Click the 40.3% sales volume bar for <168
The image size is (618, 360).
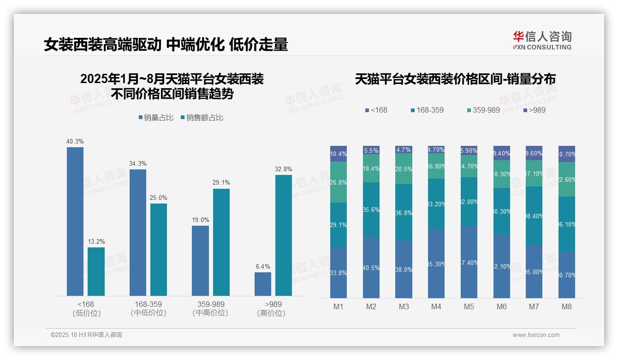pyautogui.click(x=75, y=222)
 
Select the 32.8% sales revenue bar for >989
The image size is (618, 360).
pyautogui.click(x=284, y=235)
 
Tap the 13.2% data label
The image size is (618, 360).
pyautogui.click(x=96, y=241)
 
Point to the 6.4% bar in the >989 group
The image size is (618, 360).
pyautogui.click(x=263, y=284)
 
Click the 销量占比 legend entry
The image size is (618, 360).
pyautogui.click(x=156, y=118)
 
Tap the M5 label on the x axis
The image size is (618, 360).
pyautogui.click(x=469, y=306)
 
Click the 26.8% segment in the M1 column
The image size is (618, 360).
pyautogui.click(x=339, y=182)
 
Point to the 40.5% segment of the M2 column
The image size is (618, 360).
pyautogui.click(x=371, y=267)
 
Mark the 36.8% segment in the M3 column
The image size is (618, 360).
pyautogui.click(x=404, y=212)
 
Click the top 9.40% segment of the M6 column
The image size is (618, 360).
pyautogui.click(x=502, y=153)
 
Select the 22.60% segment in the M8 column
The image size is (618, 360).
pyautogui.click(x=567, y=180)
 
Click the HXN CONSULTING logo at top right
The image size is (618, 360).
pyautogui.click(x=542, y=41)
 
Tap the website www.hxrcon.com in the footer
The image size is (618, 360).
pyautogui.click(x=536, y=335)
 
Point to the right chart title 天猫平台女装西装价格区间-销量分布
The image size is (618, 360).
pyautogui.click(x=455, y=79)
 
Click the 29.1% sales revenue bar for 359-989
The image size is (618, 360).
pyautogui.click(x=221, y=242)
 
